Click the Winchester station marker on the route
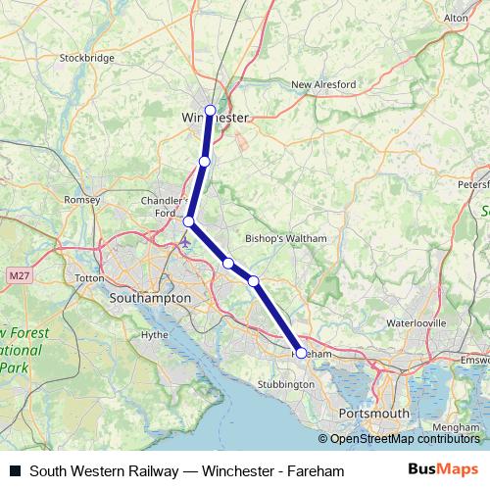click(x=210, y=110)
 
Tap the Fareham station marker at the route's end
click(x=301, y=352)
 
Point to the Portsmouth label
click(x=372, y=414)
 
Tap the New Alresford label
click(x=323, y=85)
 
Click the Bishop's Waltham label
click(x=285, y=238)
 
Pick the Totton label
click(x=89, y=278)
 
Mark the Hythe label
click(x=155, y=334)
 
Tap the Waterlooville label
click(x=416, y=321)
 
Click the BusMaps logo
click(x=443, y=470)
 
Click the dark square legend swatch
click(x=15, y=471)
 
